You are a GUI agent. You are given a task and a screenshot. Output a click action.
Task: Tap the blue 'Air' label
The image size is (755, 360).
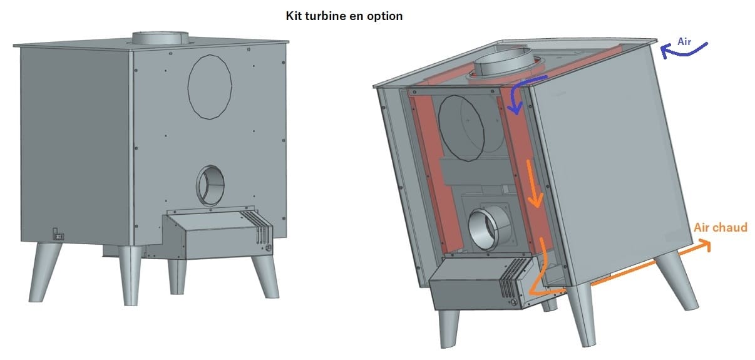(x=684, y=42)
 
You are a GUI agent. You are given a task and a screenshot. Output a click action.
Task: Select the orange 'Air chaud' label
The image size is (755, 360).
(x=721, y=227)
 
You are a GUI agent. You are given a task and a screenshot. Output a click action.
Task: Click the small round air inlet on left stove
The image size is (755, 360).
(x=210, y=185)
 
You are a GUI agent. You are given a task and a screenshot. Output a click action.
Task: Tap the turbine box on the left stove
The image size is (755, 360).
(x=217, y=234)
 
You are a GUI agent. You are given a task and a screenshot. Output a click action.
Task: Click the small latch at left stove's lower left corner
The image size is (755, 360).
(x=58, y=234)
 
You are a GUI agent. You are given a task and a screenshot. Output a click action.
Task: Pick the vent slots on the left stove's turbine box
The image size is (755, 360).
(x=257, y=227)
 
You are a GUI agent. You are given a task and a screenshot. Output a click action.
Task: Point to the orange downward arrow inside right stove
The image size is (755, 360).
(x=534, y=185)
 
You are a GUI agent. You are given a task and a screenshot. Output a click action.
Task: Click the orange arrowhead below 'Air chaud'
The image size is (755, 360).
(x=704, y=244)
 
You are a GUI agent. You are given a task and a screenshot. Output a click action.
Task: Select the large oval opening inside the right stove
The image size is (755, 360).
(x=461, y=128)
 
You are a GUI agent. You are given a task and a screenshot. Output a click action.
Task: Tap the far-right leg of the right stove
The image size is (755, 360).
(x=676, y=280)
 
